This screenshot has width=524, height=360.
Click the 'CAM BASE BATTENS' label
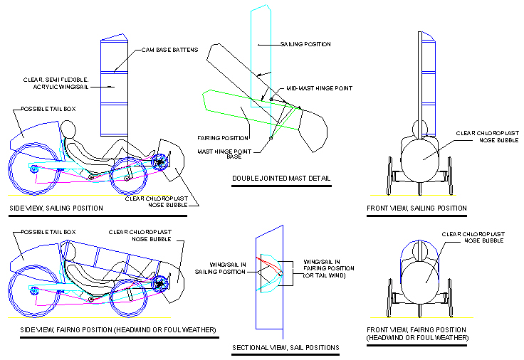[x=166, y=50]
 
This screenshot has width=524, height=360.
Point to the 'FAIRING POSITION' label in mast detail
[x=223, y=137]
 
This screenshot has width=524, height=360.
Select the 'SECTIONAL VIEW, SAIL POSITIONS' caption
[x=285, y=348]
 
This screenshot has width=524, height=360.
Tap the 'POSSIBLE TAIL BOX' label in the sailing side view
[x=48, y=109]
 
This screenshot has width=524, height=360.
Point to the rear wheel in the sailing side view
[x=33, y=169]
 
